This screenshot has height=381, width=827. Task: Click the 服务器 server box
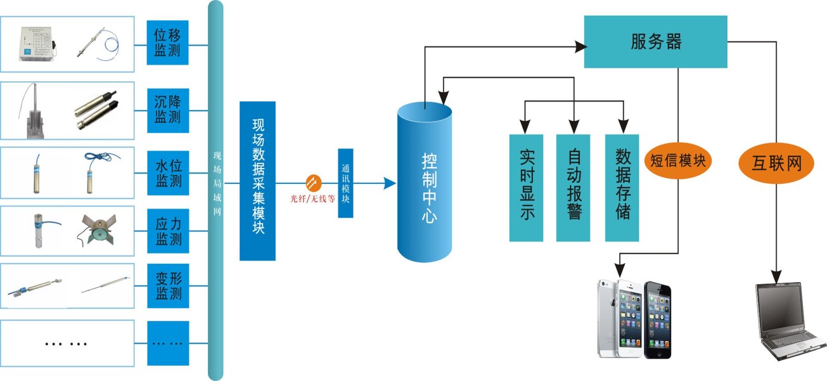[x=655, y=42]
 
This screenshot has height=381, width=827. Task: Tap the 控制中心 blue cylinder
[x=425, y=184]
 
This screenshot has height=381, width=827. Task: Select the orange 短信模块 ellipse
[x=677, y=161]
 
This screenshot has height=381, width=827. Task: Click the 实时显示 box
[x=526, y=188]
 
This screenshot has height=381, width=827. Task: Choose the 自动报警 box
[x=573, y=188]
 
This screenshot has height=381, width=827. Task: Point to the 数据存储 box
[x=622, y=188]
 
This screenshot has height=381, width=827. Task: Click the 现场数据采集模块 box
[x=257, y=181]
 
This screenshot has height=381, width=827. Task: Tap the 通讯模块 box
[x=345, y=184]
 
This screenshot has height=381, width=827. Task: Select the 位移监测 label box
[x=168, y=43]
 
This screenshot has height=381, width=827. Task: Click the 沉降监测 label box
[x=168, y=109]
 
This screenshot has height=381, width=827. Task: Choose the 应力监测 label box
[x=168, y=231]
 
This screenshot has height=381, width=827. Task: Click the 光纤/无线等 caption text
[x=312, y=199]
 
